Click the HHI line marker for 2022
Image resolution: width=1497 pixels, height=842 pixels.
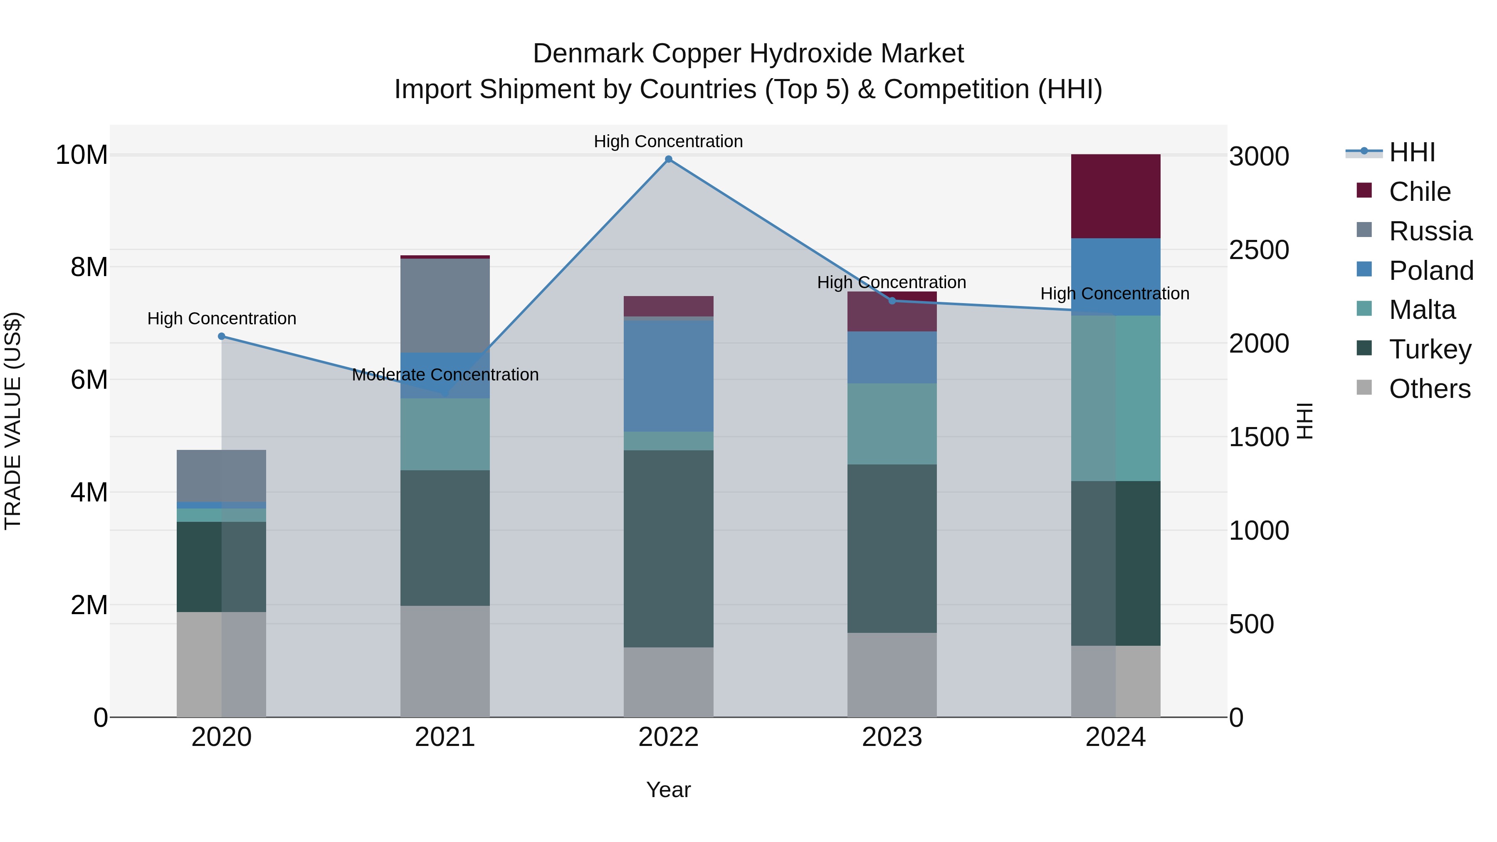(668, 159)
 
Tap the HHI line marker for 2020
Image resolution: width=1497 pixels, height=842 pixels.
(221, 336)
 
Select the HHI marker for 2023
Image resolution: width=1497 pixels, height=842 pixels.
(892, 301)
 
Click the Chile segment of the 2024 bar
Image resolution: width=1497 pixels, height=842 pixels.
(1115, 196)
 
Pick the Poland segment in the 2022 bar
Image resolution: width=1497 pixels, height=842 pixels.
(668, 376)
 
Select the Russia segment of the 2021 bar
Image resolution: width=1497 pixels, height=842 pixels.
(445, 306)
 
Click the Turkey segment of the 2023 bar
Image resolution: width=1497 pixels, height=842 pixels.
(892, 548)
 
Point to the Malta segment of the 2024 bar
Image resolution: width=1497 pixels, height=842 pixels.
(1115, 398)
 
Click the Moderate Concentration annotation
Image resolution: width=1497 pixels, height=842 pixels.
(445, 375)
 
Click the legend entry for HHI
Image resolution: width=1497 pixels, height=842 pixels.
(1412, 152)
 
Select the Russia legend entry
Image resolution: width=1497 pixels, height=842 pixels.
(1430, 231)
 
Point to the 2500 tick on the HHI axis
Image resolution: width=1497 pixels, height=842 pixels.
(1259, 250)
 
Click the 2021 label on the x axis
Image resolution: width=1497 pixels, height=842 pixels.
(445, 737)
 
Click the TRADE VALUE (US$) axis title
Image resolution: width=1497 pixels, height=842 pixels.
(13, 421)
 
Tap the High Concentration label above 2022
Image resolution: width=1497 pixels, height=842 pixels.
(668, 141)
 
